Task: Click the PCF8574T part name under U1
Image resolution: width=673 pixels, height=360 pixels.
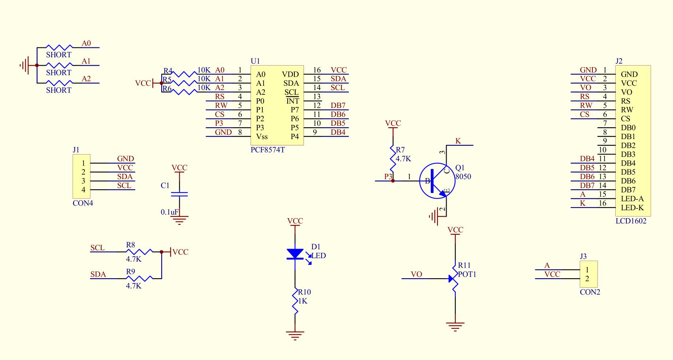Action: [x=268, y=150]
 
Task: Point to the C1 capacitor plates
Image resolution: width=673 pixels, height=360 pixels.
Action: [x=179, y=194]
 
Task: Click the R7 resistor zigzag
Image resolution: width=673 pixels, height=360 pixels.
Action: [x=393, y=159]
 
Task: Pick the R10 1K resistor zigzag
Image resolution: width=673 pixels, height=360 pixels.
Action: [x=295, y=301]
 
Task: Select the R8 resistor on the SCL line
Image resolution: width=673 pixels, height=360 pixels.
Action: [x=139, y=251]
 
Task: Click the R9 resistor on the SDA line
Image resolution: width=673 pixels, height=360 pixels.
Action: [x=139, y=278]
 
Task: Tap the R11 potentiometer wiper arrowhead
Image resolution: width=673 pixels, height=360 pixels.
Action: [x=451, y=279]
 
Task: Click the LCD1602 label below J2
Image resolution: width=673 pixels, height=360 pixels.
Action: [x=631, y=221]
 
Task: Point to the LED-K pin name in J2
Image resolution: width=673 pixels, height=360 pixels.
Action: [x=632, y=207]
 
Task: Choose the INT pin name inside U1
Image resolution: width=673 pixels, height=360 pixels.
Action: [x=292, y=101]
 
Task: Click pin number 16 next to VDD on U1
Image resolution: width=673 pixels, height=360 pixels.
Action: [x=317, y=70]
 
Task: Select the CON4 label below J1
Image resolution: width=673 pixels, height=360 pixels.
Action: [x=83, y=203]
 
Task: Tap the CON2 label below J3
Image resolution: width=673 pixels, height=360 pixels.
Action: [x=590, y=292]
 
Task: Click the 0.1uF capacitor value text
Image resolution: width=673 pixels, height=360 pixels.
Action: [x=170, y=212]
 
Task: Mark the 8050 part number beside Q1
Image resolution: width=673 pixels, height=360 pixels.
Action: [x=463, y=177]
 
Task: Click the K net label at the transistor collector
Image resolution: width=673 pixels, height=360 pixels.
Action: [x=458, y=141]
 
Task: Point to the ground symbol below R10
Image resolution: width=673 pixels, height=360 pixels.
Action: [x=295, y=335]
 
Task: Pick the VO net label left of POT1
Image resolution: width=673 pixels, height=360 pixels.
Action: [x=417, y=274]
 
